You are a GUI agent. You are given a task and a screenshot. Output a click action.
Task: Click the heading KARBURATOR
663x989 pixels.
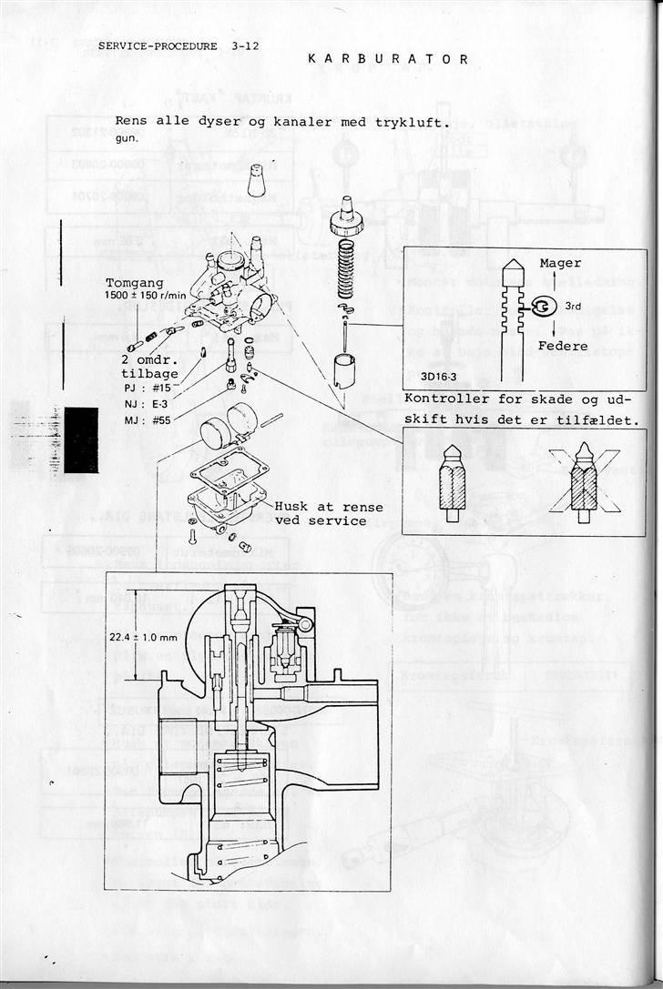(389, 59)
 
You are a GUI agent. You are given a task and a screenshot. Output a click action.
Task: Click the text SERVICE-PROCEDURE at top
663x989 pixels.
(158, 45)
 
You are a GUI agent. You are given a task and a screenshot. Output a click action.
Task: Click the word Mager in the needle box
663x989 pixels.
(560, 263)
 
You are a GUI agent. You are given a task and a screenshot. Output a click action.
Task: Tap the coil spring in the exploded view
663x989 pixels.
(345, 267)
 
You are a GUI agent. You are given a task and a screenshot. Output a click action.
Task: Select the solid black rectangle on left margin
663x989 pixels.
(80, 439)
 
